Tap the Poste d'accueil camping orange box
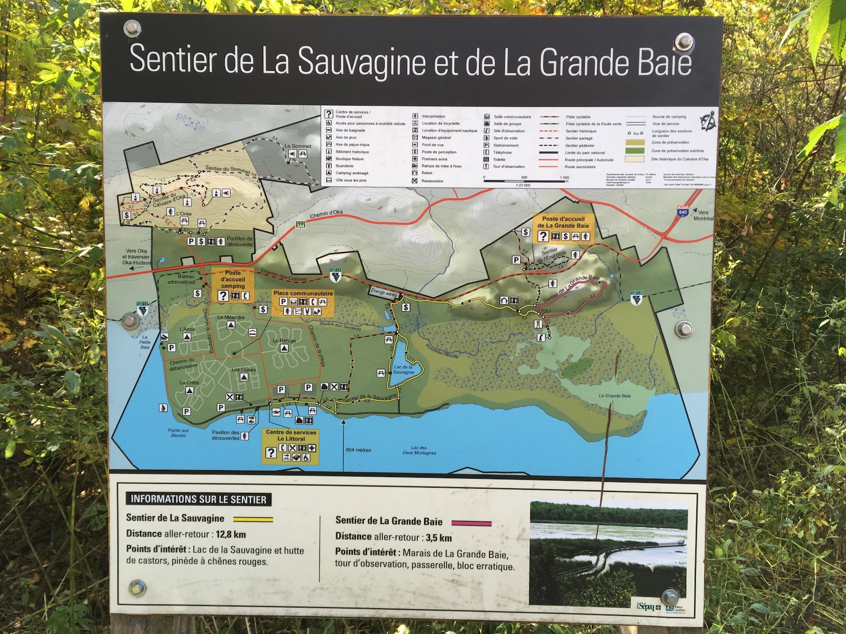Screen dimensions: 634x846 point(233,285)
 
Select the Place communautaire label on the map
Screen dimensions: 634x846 point(303,293)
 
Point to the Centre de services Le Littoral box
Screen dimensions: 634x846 point(290,446)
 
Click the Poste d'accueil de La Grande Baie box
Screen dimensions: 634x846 point(564,228)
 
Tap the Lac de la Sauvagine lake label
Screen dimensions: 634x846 point(403,369)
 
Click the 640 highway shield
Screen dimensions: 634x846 point(683,211)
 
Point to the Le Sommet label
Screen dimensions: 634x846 point(298,146)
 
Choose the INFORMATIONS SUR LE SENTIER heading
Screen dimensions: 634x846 point(198,499)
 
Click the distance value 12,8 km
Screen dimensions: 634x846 point(231,534)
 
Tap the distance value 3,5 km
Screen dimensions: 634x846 point(438,538)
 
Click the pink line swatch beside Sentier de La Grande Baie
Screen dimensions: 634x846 point(471,523)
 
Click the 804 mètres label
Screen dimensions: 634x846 point(358,450)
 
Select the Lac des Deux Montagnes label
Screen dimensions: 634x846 point(419,450)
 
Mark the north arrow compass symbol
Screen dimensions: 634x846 point(708,120)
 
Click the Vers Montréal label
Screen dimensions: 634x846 point(703,215)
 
